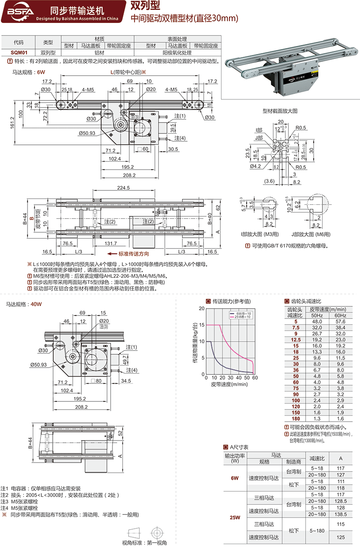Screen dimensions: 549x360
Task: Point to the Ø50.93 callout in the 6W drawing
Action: (87, 133)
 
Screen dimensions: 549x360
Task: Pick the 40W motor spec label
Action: (30, 304)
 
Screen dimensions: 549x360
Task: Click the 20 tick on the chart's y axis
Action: (201, 309)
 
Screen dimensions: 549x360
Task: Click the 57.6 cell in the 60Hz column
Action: (339, 322)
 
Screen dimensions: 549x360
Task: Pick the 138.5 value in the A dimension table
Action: (340, 514)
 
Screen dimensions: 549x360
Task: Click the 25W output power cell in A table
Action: (234, 517)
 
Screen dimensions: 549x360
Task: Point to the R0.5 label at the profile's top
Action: (301, 127)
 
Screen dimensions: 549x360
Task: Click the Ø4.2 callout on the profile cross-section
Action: (255, 166)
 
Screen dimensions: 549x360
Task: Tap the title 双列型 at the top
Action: (144, 6)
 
